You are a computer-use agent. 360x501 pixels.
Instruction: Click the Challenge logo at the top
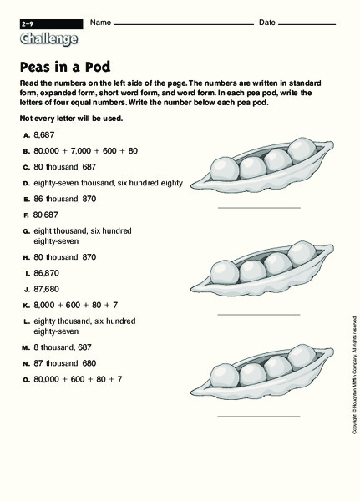coord(49,38)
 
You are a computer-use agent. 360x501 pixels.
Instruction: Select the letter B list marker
coord(27,150)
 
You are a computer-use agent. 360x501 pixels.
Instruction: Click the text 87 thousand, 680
coord(71,363)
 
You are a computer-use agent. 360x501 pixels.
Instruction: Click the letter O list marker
coord(27,379)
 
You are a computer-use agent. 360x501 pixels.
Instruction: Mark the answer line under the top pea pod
coord(258,207)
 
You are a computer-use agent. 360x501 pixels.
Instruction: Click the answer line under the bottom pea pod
coord(258,415)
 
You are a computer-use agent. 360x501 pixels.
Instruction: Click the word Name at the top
coord(100,21)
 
